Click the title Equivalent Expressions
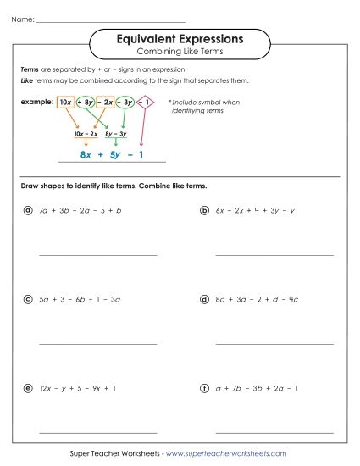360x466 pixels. pos(179,39)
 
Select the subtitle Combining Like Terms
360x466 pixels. pos(179,53)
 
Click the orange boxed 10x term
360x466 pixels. pos(65,103)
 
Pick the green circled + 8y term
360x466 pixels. pos(86,103)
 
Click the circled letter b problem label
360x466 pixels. pos(204,209)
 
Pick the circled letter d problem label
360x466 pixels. pos(204,299)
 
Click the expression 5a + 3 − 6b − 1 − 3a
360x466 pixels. pos(80,299)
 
